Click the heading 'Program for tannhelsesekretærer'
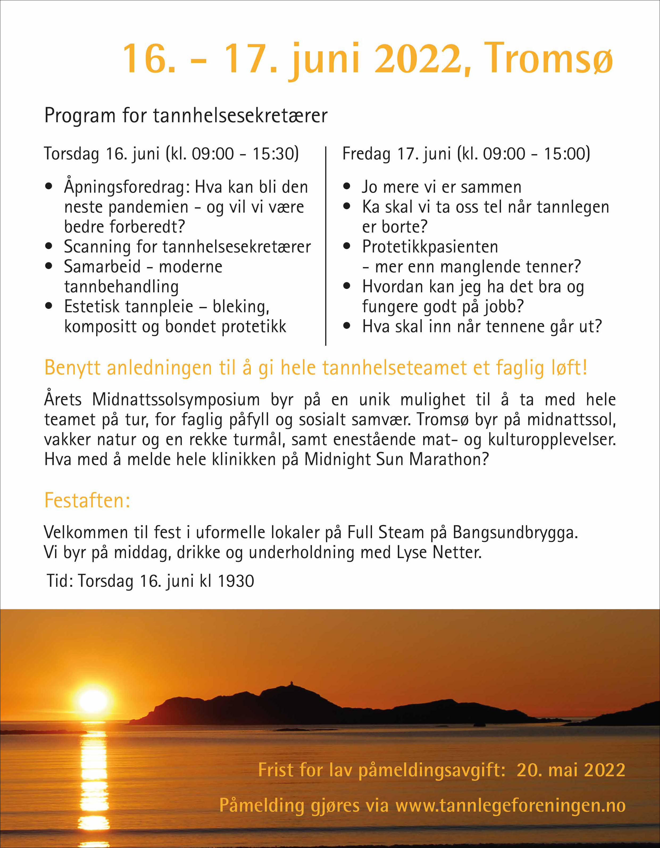click(186, 115)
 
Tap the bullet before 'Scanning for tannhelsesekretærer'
click(49, 246)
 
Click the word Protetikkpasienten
click(430, 247)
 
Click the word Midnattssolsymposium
click(176, 399)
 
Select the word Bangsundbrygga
click(515, 532)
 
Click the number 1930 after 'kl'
click(236, 581)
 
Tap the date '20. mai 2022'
click(571, 770)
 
